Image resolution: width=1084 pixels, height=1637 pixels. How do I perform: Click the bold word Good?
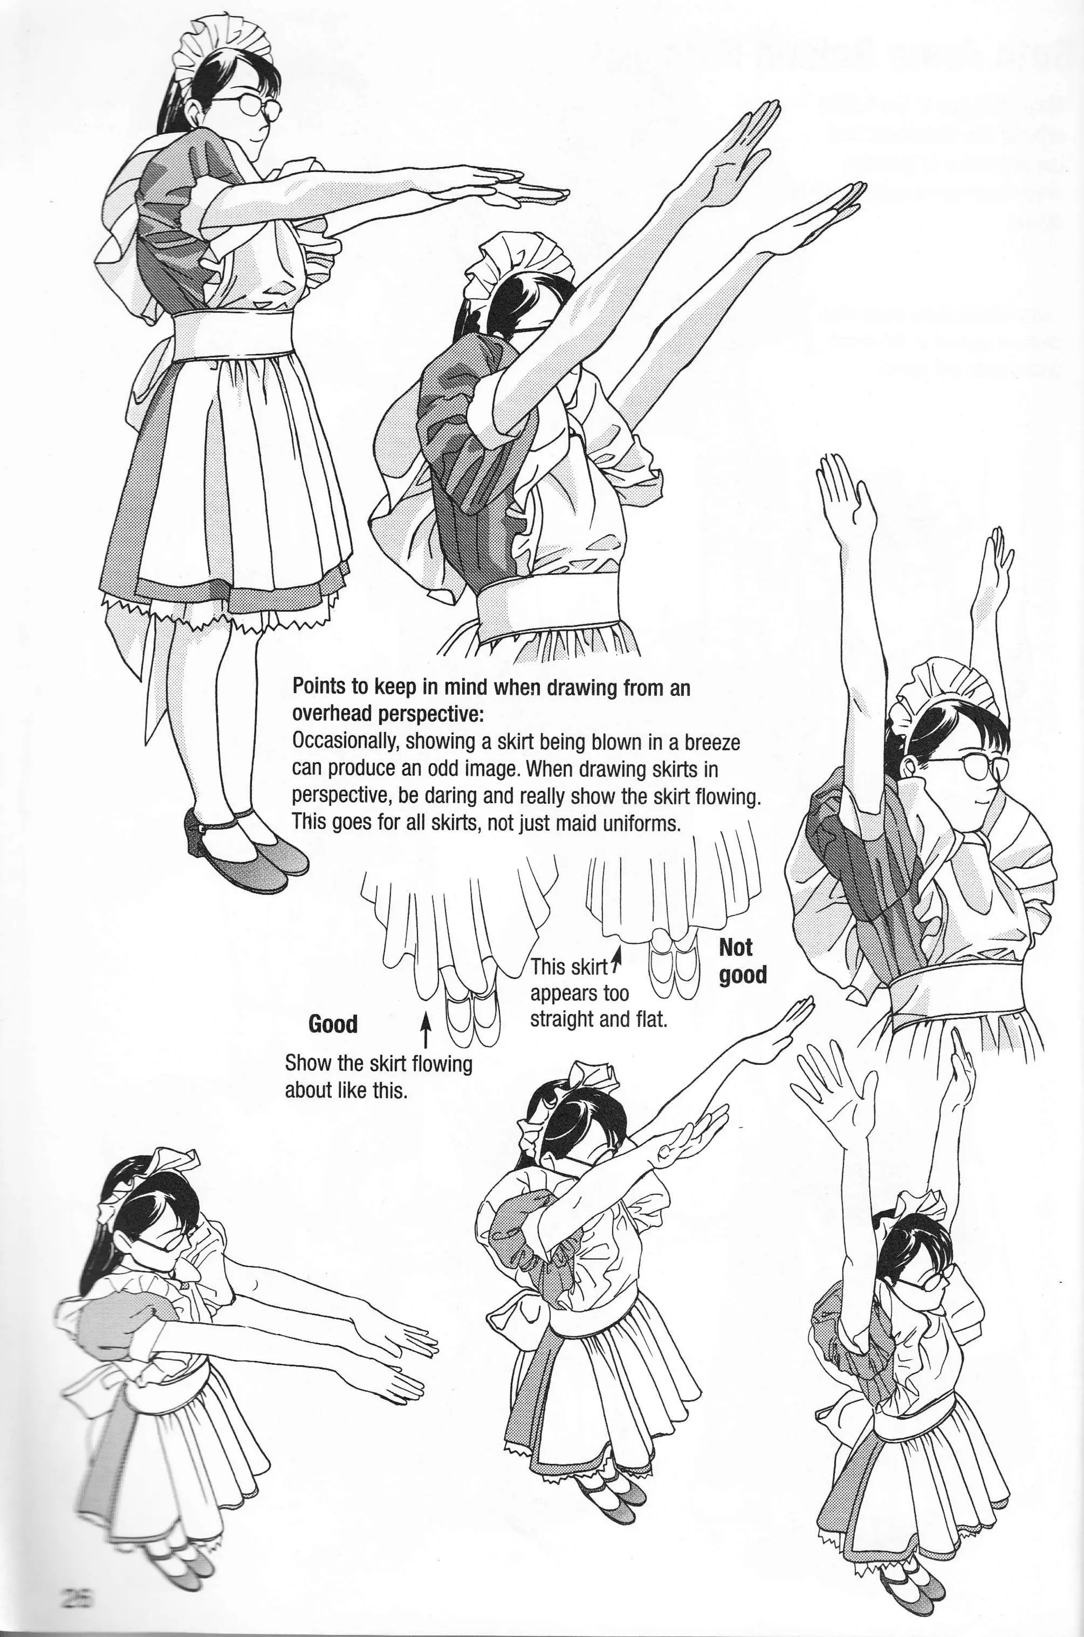coord(333,1024)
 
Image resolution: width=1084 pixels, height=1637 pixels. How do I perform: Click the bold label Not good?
coord(743,961)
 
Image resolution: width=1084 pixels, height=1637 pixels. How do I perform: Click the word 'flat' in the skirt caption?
coord(650,1020)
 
